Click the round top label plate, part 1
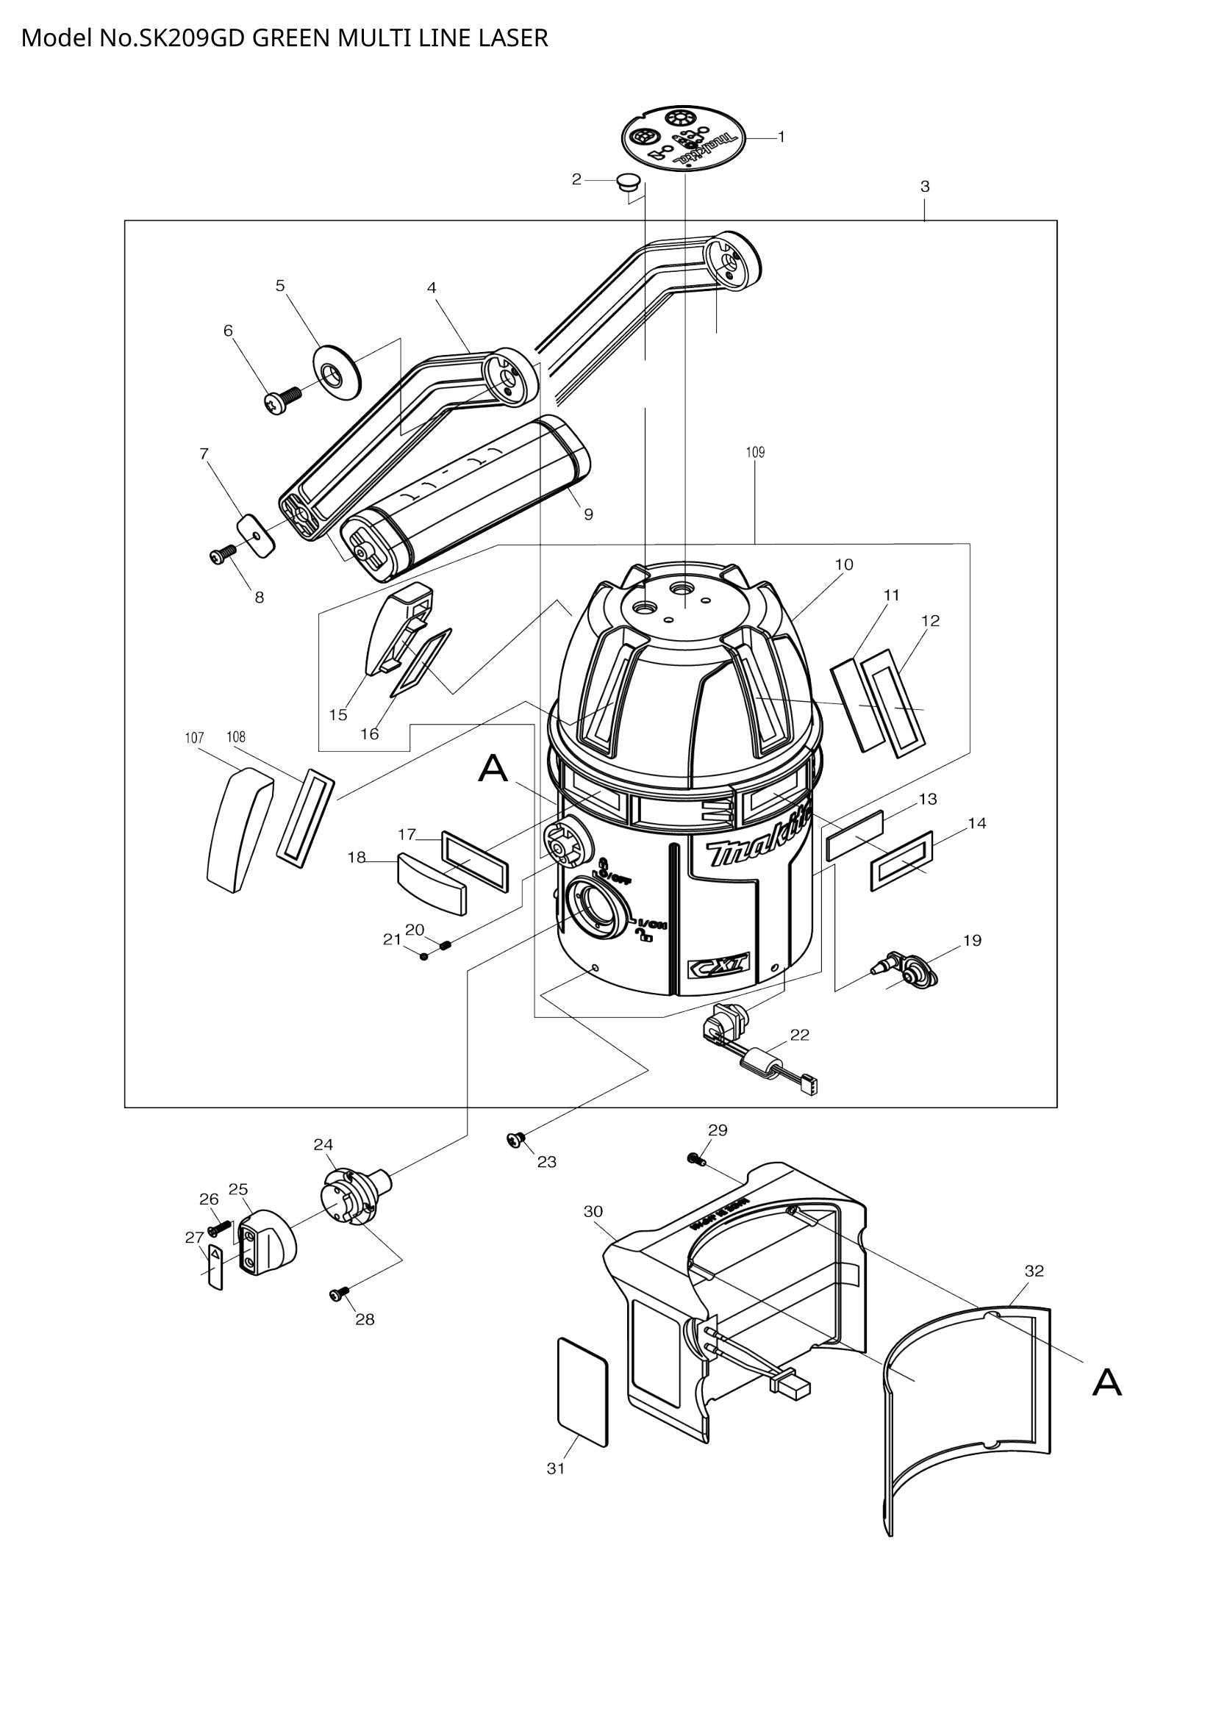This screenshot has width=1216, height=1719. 683,138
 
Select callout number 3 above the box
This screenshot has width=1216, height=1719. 925,187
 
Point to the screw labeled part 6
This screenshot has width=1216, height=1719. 281,401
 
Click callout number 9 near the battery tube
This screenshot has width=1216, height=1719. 589,514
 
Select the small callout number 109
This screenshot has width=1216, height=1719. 755,452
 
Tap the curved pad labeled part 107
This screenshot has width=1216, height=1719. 238,831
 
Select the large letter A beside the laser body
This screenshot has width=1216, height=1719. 493,769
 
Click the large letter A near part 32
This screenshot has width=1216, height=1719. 1106,1382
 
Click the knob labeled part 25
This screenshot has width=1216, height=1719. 268,1243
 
